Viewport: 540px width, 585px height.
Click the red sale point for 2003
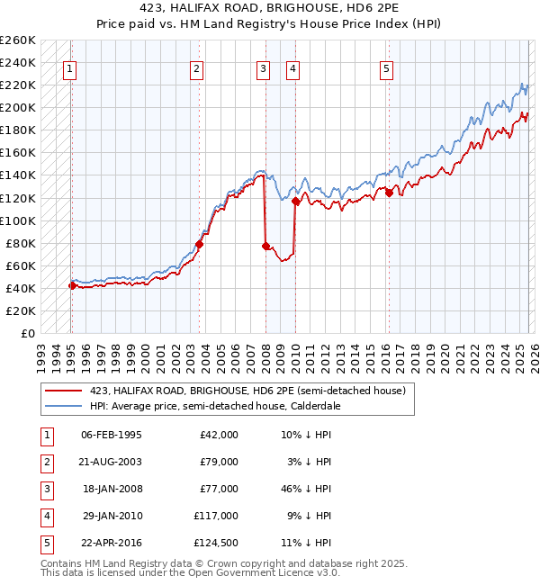coord(200,244)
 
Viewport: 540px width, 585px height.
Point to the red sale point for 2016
coord(389,192)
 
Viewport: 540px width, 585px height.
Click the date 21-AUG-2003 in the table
coord(112,462)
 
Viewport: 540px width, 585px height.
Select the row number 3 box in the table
coord(46,489)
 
